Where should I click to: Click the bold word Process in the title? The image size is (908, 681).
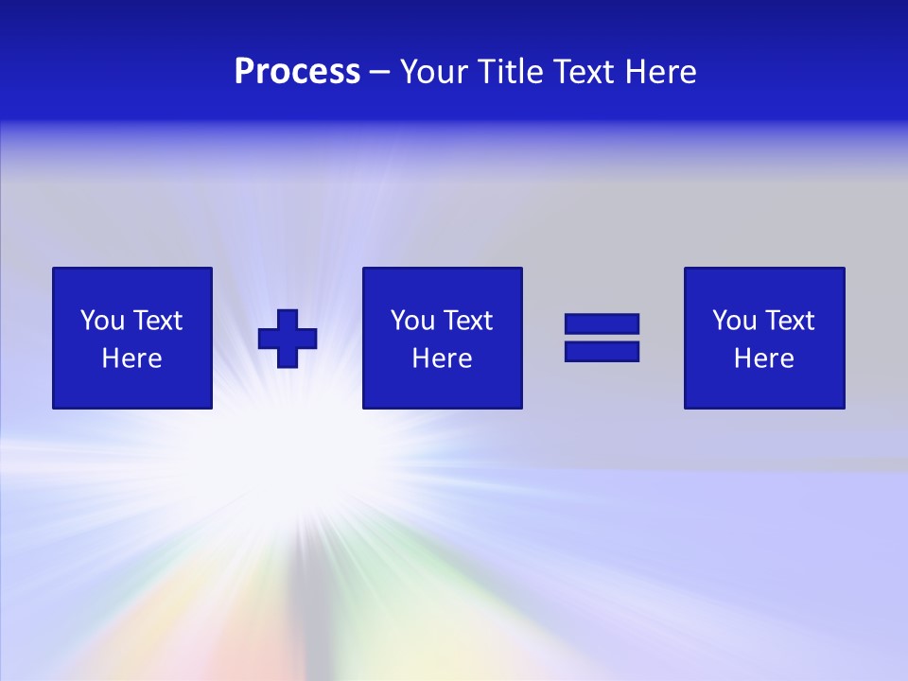click(297, 72)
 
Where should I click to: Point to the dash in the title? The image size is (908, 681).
click(380, 72)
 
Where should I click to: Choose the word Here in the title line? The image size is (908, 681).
click(661, 72)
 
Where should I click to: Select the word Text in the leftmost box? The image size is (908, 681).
click(157, 321)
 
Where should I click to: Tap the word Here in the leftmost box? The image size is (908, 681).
click(131, 358)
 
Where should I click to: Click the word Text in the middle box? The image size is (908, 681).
click(467, 321)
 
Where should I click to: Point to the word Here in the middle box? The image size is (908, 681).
click(442, 358)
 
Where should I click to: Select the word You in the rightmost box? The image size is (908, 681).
click(735, 321)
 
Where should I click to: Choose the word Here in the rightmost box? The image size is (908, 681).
click(763, 358)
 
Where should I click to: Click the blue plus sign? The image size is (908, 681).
click(288, 338)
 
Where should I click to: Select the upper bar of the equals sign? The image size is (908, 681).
click(602, 323)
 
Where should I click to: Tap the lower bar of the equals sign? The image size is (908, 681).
click(602, 351)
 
